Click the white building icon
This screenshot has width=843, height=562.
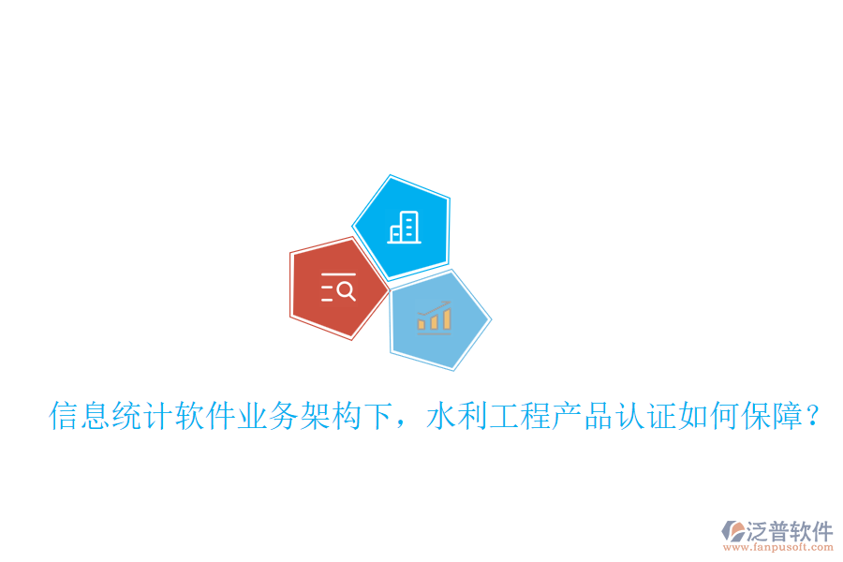[x=404, y=228]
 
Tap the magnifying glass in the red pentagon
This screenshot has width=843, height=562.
[x=345, y=290]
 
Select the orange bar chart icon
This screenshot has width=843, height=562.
[x=435, y=319]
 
